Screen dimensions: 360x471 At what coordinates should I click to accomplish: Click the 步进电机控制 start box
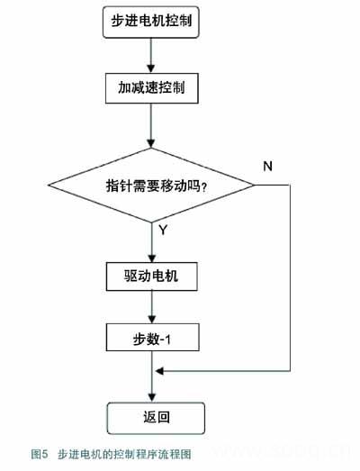pos(151,22)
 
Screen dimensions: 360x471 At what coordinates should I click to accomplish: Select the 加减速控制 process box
pos(151,88)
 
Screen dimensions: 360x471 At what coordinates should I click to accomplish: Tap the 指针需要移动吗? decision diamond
pos(151,185)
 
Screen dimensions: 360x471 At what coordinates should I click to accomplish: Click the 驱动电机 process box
pos(151,276)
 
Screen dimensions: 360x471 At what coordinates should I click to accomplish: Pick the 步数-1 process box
pos(152,338)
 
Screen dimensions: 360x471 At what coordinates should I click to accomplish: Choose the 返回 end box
pos(156,418)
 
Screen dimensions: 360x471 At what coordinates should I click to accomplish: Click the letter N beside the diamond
pos(267,166)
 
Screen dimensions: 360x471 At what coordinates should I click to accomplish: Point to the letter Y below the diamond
pos(163,230)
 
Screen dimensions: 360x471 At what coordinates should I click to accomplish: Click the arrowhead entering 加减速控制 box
pos(151,68)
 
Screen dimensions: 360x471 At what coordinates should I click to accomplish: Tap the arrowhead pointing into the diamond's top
pos(151,143)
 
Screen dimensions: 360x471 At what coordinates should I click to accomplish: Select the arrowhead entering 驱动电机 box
pos(152,258)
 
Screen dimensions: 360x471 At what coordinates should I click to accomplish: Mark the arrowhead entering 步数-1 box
pos(152,319)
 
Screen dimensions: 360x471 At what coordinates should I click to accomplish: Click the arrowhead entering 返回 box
pos(152,398)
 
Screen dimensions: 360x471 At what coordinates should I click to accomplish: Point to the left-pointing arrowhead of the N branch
pos(159,371)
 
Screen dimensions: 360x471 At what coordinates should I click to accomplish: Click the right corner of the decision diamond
pos(255,185)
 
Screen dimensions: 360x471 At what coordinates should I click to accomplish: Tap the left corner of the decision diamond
pos(49,185)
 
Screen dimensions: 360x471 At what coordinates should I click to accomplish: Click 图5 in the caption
pos(40,454)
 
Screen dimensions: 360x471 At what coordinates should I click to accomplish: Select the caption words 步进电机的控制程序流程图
pos(124,454)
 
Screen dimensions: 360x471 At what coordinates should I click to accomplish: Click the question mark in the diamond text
pos(204,187)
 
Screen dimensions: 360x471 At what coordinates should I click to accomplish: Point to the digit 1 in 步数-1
pos(167,340)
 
